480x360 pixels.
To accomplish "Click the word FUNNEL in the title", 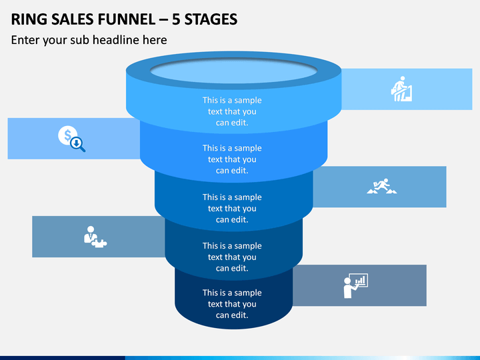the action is (x=127, y=19).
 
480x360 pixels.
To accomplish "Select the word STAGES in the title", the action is (x=211, y=19).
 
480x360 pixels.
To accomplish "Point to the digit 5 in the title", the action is (x=176, y=19).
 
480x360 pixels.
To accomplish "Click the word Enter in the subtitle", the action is (x=25, y=40).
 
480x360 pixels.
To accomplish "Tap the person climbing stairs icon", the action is (x=401, y=89).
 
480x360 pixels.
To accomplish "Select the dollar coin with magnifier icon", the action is (x=71, y=139).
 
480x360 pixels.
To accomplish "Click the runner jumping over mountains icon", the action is (x=382, y=186).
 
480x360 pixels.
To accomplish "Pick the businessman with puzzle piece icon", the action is (x=95, y=237).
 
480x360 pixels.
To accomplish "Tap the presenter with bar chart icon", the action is (x=355, y=285).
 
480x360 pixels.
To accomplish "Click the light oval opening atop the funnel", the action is (x=233, y=71).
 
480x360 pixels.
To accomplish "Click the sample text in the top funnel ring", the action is (x=232, y=111).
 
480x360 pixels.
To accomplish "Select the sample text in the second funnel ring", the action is (x=232, y=159).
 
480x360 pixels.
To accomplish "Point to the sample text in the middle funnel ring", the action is (x=232, y=208).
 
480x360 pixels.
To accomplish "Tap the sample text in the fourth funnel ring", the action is (x=232, y=257).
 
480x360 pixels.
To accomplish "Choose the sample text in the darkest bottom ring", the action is (x=232, y=304).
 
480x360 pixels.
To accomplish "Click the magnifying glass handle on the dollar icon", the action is (x=82, y=149).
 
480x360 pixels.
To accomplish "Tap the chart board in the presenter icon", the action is (x=359, y=280).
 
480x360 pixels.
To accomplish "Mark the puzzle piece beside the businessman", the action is (x=99, y=243).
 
